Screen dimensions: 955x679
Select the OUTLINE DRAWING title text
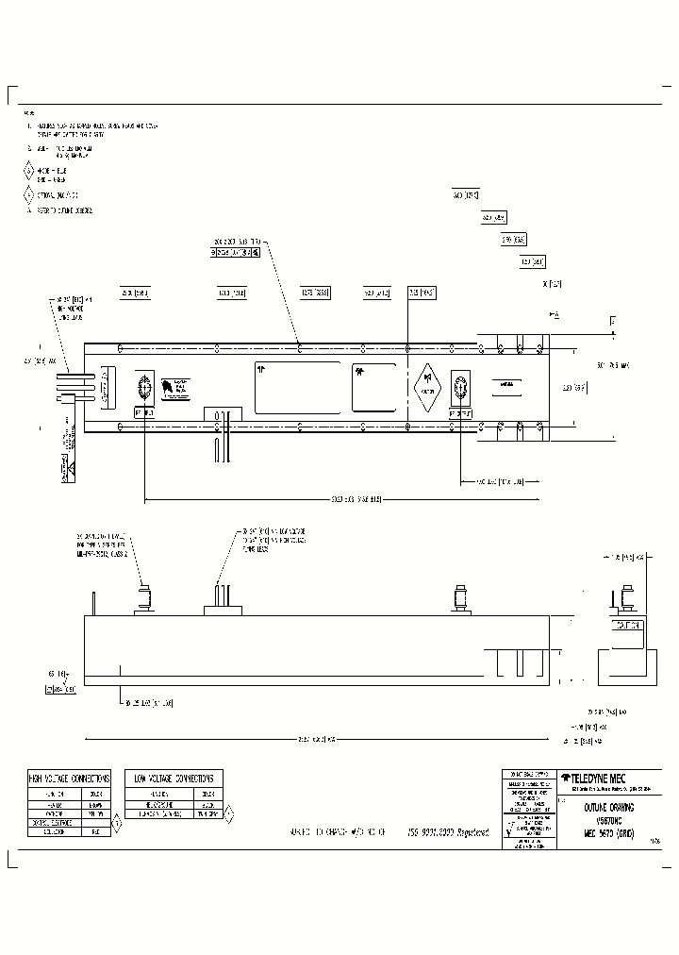pyautogui.click(x=607, y=808)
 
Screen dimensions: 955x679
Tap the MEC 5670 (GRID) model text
pyautogui.click(x=607, y=832)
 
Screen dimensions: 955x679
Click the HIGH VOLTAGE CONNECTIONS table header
pyautogui.click(x=69, y=778)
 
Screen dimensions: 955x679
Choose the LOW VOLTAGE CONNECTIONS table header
pyautogui.click(x=174, y=778)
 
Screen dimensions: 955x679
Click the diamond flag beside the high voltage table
pyautogui.click(x=117, y=823)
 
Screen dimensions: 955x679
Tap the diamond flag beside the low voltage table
pyautogui.click(x=228, y=811)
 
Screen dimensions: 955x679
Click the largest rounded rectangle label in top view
pyautogui.click(x=297, y=387)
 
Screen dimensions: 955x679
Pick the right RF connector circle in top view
pyautogui.click(x=461, y=387)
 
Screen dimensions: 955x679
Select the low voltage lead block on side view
pyautogui.click(x=223, y=602)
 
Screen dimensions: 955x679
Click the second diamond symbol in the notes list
pyautogui.click(x=29, y=195)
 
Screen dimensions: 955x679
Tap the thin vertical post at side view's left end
pyautogui.click(x=93, y=602)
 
